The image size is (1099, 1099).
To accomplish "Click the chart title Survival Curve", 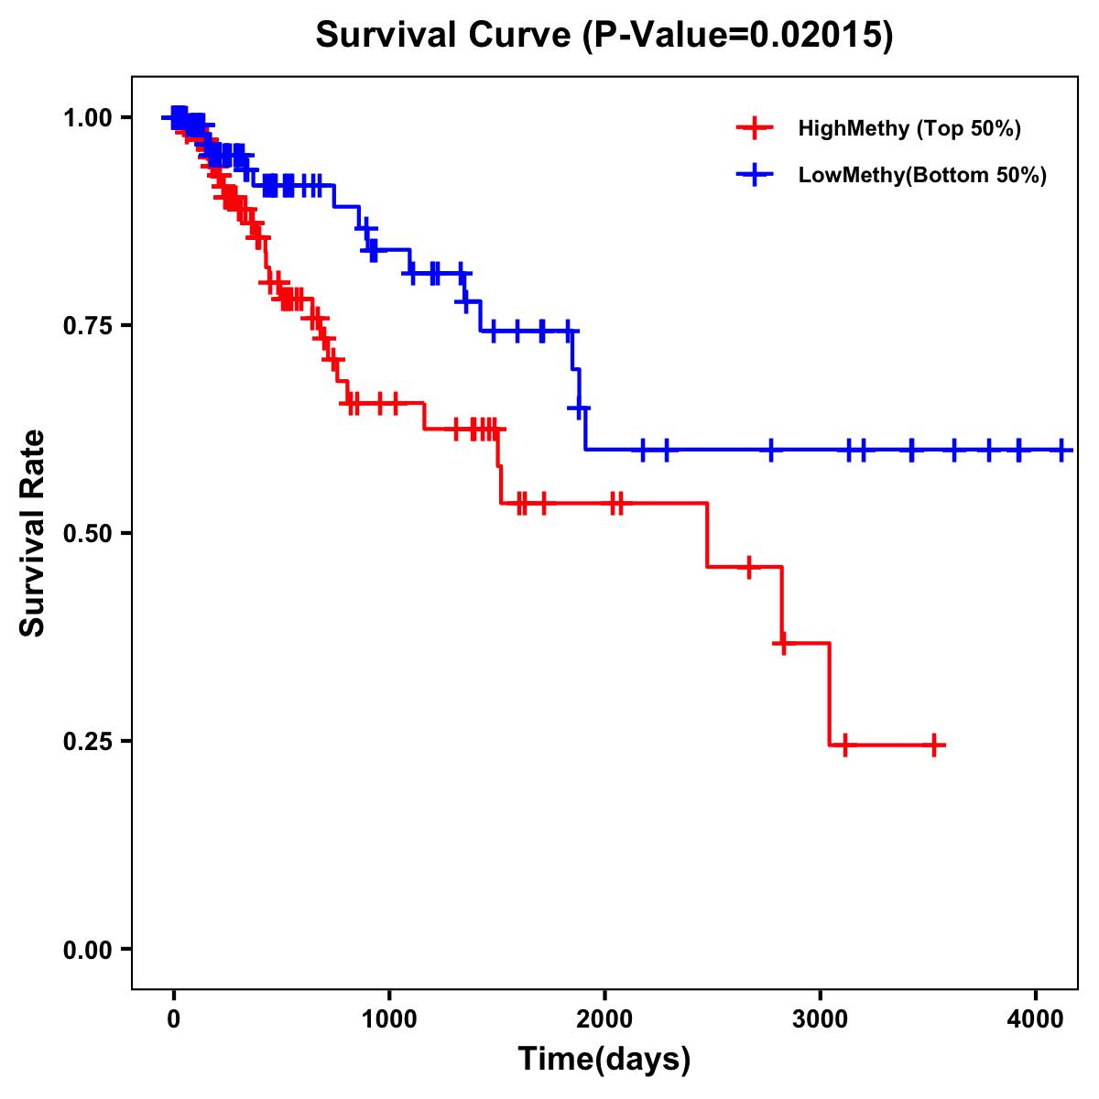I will click(x=445, y=35).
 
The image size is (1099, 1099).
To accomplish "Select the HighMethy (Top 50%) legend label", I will click(x=909, y=128).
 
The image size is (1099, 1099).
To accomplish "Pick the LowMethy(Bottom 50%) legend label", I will click(x=922, y=176).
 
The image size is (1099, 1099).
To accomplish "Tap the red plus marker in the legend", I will click(x=755, y=128).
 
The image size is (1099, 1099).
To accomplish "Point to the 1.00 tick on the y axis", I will click(x=86, y=117).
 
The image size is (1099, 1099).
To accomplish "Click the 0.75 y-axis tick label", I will click(x=86, y=325).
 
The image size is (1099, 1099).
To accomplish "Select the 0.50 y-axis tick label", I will click(x=86, y=533).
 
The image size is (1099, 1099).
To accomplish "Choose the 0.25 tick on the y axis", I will click(x=86, y=741).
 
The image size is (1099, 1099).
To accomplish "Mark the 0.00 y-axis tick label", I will click(x=86, y=949).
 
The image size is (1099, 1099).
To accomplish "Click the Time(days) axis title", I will click(x=604, y=1060).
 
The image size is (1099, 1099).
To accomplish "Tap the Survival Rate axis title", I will click(x=33, y=533).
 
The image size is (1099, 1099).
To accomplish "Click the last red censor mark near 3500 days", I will click(x=934, y=745).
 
